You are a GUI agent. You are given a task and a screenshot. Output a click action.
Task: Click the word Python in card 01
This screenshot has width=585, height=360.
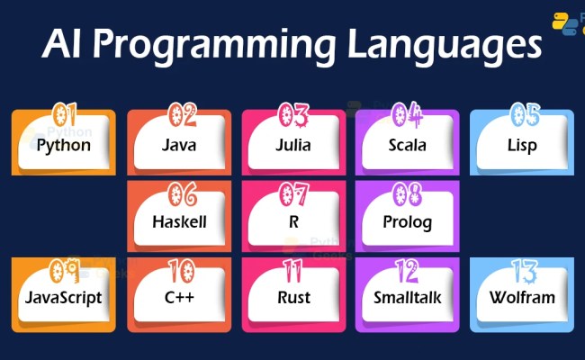63,145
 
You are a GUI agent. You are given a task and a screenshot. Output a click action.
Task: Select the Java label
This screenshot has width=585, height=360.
179,145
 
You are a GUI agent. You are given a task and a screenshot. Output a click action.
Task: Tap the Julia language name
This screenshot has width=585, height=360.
294,145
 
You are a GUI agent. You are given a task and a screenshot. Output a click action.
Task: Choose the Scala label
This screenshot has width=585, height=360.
407,145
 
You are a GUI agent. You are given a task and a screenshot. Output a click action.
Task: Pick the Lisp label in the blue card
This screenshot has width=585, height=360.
522,145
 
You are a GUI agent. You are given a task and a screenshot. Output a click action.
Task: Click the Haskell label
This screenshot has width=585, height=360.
179,221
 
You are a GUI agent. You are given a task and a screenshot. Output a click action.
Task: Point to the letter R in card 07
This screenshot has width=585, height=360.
294,221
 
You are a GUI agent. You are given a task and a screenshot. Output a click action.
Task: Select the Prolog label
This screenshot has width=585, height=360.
408,221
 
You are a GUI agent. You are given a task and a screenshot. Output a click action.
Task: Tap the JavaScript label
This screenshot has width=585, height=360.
63,297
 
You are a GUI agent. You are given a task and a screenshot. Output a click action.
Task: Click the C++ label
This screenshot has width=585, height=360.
179,297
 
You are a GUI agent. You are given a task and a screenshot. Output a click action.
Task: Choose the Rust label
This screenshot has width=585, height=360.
294,297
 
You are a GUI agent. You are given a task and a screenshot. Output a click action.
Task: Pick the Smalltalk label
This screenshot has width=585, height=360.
408,297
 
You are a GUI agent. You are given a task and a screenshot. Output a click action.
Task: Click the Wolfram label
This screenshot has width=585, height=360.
522,297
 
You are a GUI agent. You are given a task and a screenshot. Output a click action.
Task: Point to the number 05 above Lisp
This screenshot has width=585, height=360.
524,114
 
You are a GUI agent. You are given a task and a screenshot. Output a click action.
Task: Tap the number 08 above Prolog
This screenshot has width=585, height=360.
409,192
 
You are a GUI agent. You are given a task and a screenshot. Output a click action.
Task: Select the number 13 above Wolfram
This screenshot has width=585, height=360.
524,269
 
